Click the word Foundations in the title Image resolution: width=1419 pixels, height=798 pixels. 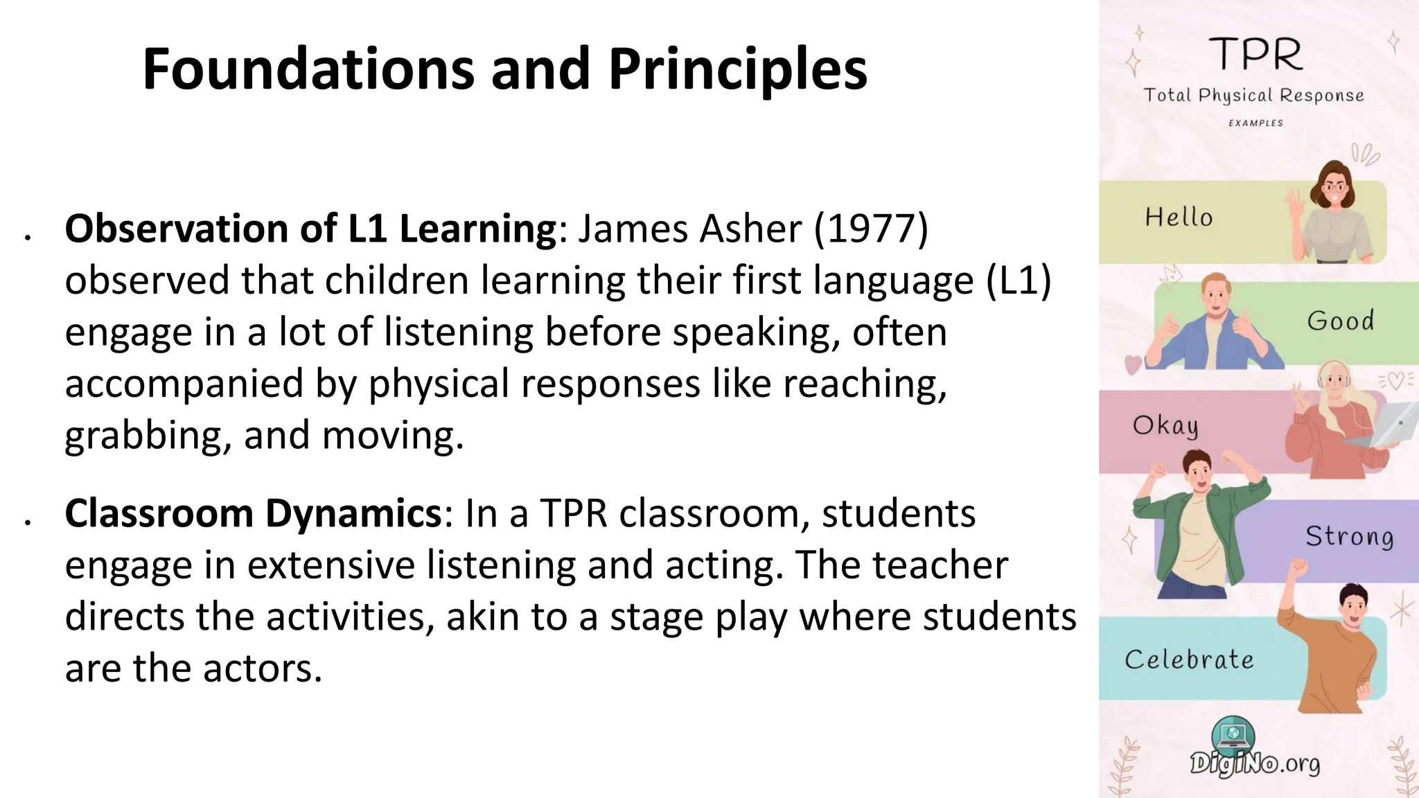pyautogui.click(x=308, y=69)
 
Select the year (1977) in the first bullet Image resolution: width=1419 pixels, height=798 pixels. pyautogui.click(x=871, y=229)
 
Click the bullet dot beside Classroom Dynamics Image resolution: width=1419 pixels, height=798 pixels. pyautogui.click(x=28, y=522)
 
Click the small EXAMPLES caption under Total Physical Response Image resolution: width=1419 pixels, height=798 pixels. pyautogui.click(x=1255, y=123)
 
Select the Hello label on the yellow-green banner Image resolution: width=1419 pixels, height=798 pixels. pyautogui.click(x=1179, y=218)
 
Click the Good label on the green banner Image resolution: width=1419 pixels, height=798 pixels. pyautogui.click(x=1340, y=321)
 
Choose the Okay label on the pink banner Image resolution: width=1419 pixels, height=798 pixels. pyautogui.click(x=1165, y=425)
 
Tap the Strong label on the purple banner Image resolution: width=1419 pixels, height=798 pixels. pyautogui.click(x=1349, y=536)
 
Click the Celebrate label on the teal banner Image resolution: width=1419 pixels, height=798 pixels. pyautogui.click(x=1189, y=659)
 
